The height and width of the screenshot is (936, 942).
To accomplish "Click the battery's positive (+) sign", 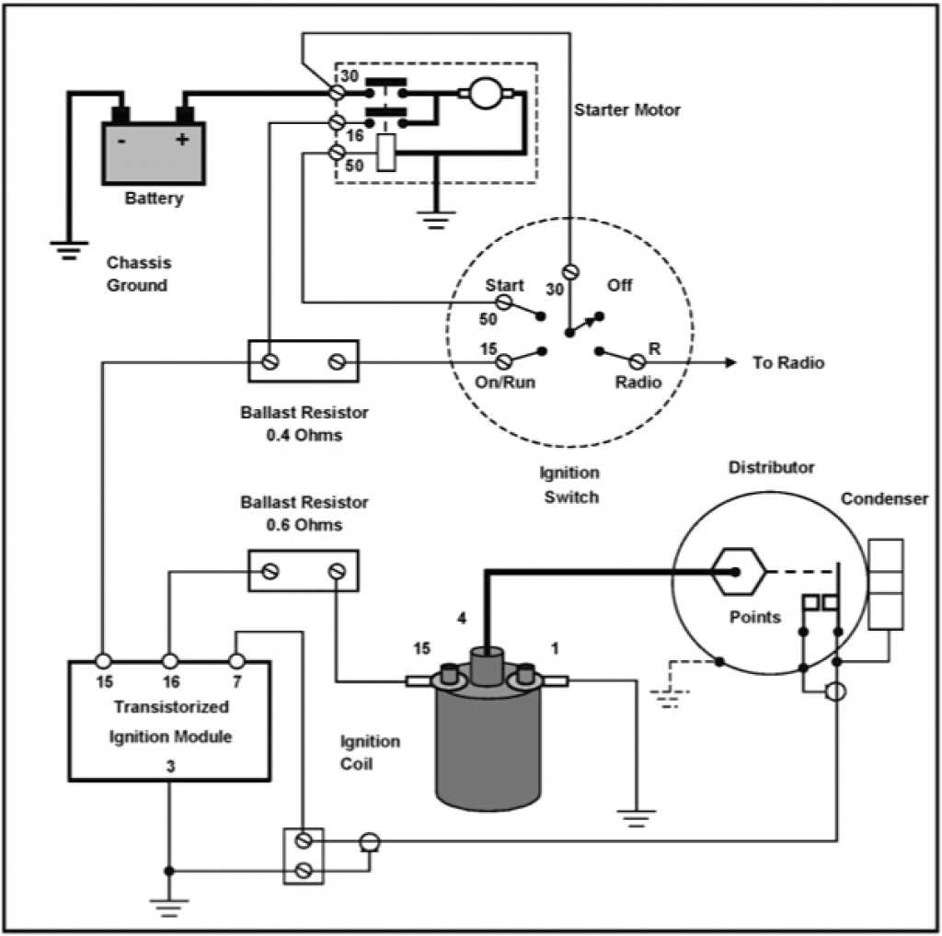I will pos(182,140).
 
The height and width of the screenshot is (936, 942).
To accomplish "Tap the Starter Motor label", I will pos(627,110).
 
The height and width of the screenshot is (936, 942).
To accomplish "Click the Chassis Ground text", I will pos(138,274).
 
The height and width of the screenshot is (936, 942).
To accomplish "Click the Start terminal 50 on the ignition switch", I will pos(504,302).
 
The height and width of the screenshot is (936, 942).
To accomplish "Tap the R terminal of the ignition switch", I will pos(637,362).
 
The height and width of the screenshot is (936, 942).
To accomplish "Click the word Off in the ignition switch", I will pos(620,285).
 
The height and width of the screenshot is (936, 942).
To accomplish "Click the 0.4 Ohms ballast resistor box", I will pos(304,361).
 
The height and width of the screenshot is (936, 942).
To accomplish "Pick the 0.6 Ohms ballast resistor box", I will pos(304,571).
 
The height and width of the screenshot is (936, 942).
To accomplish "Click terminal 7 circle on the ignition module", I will pos(236,660).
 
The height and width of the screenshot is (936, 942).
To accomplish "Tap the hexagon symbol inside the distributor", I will pos(738,571).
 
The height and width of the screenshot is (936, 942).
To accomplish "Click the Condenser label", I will pos(883,499).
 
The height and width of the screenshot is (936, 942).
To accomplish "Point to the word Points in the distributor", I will pos(754,617).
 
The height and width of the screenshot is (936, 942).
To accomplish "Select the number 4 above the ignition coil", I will pos(463,617).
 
